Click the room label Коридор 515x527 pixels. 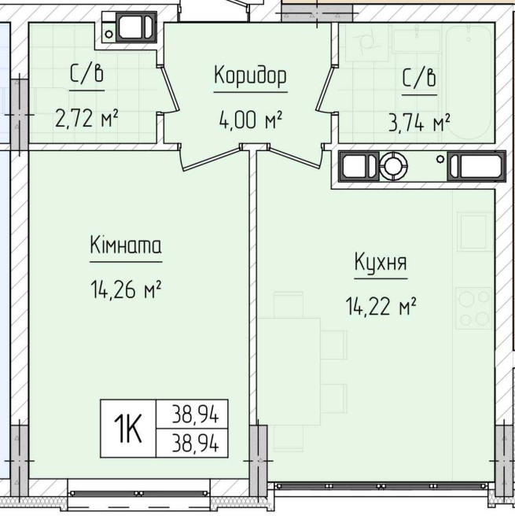click(250, 76)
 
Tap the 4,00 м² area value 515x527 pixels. click(250, 120)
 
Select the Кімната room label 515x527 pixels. click(126, 245)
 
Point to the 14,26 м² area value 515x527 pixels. click(126, 289)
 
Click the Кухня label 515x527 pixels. click(381, 262)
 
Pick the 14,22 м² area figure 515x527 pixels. click(381, 306)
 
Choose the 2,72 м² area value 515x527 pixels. click(86, 118)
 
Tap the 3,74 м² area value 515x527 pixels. click(419, 123)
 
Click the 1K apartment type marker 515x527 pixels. click(127, 429)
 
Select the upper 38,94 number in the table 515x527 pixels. click(195, 414)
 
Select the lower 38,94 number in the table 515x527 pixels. click(195, 443)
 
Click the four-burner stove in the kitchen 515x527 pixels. click(473, 308)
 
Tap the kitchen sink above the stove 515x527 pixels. click(475, 232)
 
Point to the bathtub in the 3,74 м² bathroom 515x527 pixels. click(469, 83)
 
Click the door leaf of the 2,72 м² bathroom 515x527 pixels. click(167, 88)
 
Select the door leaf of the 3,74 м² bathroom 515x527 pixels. click(325, 88)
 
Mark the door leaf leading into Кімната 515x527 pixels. click(212, 159)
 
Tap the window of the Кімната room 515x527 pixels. click(139, 493)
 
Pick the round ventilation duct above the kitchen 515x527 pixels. click(393, 166)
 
